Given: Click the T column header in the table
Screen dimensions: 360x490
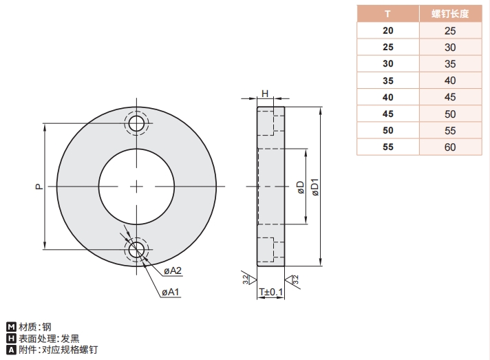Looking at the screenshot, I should (388, 14).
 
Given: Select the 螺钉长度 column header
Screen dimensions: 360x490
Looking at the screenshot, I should (450, 14).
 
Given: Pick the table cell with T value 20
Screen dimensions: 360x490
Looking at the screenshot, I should (388, 30).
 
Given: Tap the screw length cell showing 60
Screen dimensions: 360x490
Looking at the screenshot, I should (450, 147).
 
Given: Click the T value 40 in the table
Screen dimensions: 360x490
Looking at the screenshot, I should (388, 97).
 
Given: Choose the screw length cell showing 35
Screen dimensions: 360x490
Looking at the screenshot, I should (450, 63).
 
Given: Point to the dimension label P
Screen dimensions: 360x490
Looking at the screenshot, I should (39, 186).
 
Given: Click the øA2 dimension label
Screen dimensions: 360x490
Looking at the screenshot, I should (172, 270).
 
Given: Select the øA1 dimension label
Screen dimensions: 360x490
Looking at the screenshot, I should (171, 293).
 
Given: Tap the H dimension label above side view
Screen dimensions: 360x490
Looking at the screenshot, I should (264, 94).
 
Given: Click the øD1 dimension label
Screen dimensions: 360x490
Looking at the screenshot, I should (315, 187).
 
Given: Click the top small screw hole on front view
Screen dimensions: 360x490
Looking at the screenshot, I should (137, 124).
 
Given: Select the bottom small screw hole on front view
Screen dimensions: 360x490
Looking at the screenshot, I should (137, 248).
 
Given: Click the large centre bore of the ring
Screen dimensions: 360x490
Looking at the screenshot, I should (137, 186).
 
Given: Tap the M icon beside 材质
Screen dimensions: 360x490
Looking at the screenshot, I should (10, 327).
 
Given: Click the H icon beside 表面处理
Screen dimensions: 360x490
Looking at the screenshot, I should (10, 339).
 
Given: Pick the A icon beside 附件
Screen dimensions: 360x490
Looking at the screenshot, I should (10, 350).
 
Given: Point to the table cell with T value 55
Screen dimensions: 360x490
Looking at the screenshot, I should (388, 147).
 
